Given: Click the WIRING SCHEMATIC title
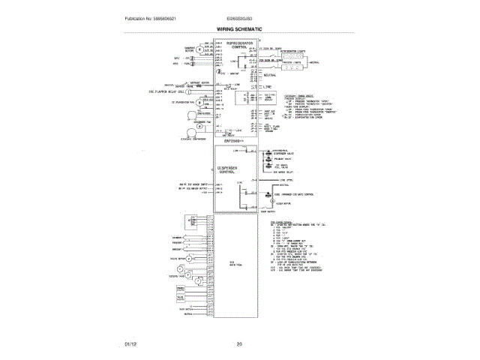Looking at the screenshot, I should click(239, 28).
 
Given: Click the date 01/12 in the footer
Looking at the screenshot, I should click(130, 344).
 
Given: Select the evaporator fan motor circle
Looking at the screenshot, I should click(199, 102).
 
